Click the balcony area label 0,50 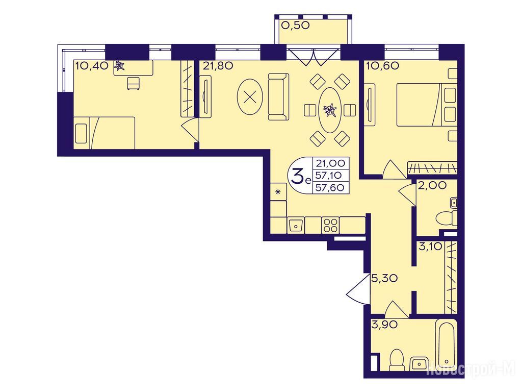[x=296, y=25]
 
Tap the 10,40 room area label [x=92, y=66]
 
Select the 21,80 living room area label [x=218, y=66]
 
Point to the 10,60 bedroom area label [x=382, y=66]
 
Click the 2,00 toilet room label [x=432, y=186]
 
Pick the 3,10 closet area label [x=430, y=247]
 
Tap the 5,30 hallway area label [x=384, y=278]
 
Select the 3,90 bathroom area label [x=384, y=325]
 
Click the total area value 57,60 [x=330, y=188]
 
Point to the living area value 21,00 [x=330, y=163]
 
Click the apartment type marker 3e [x=301, y=177]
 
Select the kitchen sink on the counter [x=296, y=225]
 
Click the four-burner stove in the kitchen [x=330, y=225]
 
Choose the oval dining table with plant [x=330, y=110]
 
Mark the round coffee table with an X [x=250, y=97]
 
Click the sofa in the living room [x=278, y=96]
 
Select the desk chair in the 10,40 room [x=134, y=83]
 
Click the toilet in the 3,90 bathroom [x=397, y=360]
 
